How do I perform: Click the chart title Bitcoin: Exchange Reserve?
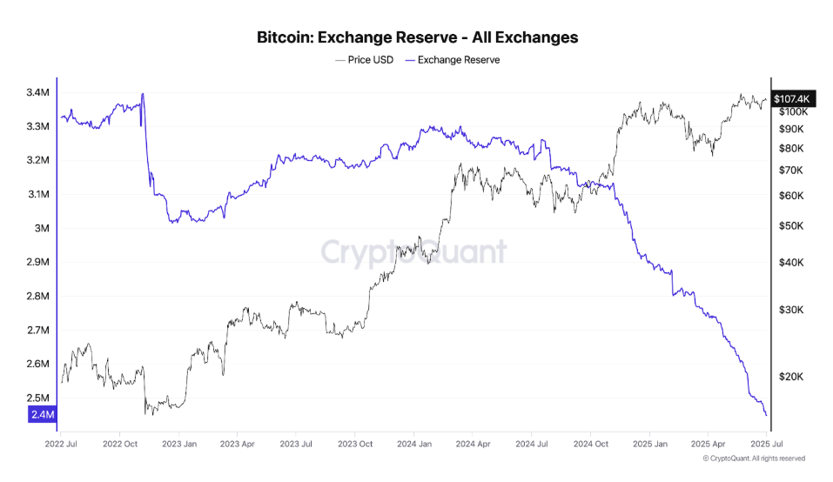417,37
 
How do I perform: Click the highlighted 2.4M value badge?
43,415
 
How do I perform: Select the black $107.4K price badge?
791,99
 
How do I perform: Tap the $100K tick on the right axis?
792,111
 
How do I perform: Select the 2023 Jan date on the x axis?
178,443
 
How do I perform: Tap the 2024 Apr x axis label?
471,443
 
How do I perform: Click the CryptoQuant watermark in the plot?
414,251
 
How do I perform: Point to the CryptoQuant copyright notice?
754,459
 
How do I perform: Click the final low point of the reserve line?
766,415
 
